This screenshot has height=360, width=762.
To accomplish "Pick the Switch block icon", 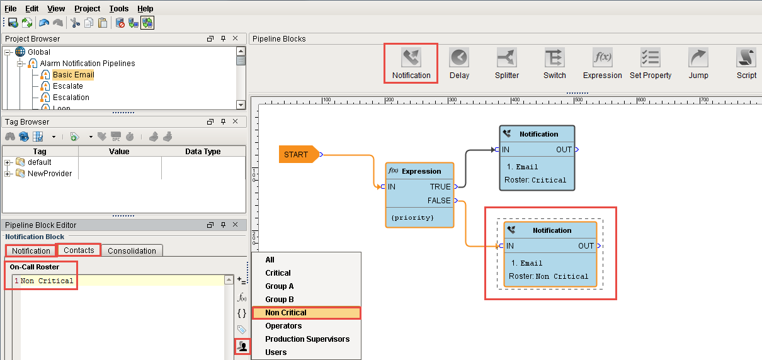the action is pos(554,58).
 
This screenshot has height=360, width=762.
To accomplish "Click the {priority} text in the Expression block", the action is pos(412,218).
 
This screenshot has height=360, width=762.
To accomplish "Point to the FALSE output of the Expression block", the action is pos(439,201).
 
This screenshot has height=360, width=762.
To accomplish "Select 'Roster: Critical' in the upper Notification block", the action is pos(535,180).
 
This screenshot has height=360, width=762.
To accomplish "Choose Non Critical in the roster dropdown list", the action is pos(286,312).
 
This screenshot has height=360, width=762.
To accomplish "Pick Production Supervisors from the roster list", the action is pos(307,339).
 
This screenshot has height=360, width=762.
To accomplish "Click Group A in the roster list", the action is pos(279,286).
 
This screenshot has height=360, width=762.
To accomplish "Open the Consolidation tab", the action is pos(132,250).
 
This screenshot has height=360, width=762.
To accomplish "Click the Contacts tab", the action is pos(79,250).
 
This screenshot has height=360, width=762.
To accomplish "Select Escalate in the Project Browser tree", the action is pos(67,86).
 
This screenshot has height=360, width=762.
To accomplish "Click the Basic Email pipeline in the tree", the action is pos(73,74).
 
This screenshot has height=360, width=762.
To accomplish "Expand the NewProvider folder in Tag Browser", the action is pos(7,174).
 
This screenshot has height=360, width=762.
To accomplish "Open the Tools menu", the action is pos(119,9).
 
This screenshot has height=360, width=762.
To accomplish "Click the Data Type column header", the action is pos(203,151).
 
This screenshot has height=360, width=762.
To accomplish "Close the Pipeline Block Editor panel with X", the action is pos(235,224).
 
